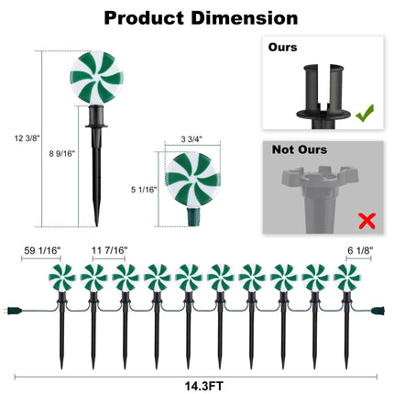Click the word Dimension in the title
[245, 17]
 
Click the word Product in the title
[144, 18]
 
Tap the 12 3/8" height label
[27, 138]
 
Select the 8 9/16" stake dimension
[62, 154]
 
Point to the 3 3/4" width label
[192, 139]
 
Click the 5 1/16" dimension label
[144, 190]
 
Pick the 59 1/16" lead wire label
[42, 251]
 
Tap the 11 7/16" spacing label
[109, 251]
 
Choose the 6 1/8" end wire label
[360, 251]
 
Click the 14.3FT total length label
[203, 386]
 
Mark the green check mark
[365, 114]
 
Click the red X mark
[367, 221]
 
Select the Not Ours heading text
[300, 149]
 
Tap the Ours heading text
[282, 48]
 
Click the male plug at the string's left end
[15, 312]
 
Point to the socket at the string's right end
[378, 312]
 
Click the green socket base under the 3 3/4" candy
[193, 216]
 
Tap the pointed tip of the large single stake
[96, 226]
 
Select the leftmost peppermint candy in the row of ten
[62, 278]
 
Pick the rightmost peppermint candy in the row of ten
[347, 278]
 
